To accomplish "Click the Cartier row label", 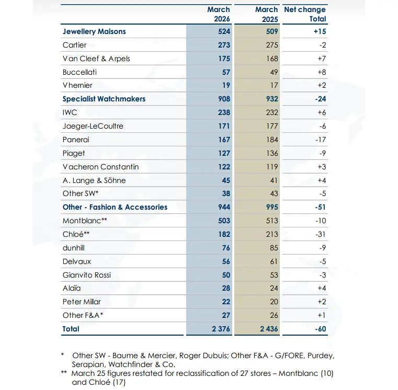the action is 74,45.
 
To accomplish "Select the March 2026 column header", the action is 219,14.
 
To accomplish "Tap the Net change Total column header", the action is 305,14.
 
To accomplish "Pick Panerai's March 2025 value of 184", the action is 272,140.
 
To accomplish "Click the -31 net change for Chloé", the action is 320,234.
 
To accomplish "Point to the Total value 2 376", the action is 221,329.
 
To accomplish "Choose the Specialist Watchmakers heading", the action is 104,99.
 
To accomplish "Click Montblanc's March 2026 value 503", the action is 224,221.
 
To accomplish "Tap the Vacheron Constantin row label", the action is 101,167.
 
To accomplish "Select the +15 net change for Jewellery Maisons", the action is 320,31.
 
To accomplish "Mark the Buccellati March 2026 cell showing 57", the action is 226,72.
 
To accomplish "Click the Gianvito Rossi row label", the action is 87,275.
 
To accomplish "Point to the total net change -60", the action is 320,329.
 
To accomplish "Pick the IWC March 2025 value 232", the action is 272,112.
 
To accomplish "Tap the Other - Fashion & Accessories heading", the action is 115,207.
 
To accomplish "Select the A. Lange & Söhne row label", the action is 94,180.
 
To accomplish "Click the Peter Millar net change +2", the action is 322,302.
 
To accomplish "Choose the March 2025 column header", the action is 267,14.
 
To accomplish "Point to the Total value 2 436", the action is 269,329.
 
